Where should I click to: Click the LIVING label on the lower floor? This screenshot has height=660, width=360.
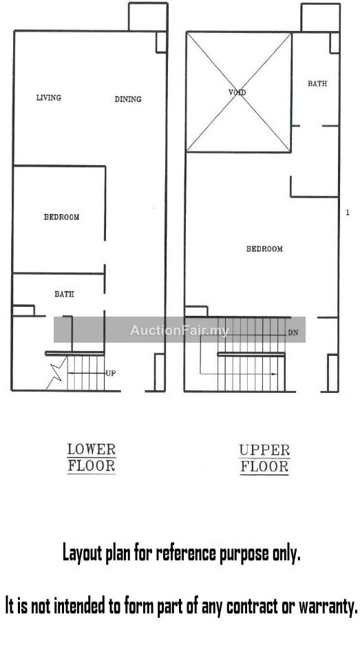[x=48, y=98]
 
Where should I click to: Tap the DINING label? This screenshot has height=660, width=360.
[x=128, y=99]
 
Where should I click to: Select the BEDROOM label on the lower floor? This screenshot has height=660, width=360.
[x=61, y=217]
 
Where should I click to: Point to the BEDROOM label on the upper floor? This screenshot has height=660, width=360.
[x=264, y=249]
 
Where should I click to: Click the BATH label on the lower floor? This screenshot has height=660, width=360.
[x=64, y=295]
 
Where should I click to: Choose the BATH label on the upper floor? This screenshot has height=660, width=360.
[x=317, y=84]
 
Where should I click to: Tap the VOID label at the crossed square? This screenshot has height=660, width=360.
[x=237, y=92]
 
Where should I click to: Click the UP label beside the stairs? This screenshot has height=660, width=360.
[x=110, y=373]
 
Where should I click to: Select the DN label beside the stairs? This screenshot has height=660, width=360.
[x=293, y=333]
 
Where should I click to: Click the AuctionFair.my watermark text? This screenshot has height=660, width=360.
[x=180, y=330]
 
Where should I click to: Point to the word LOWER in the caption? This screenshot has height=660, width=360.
[x=92, y=449]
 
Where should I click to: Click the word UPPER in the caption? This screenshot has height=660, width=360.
[x=264, y=450]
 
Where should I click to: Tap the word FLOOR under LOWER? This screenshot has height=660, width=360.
[x=92, y=467]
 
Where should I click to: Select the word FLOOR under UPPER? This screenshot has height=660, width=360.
[x=264, y=467]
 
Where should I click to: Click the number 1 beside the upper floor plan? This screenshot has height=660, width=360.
[x=348, y=213]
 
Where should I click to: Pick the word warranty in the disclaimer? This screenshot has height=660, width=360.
[x=328, y=606]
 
